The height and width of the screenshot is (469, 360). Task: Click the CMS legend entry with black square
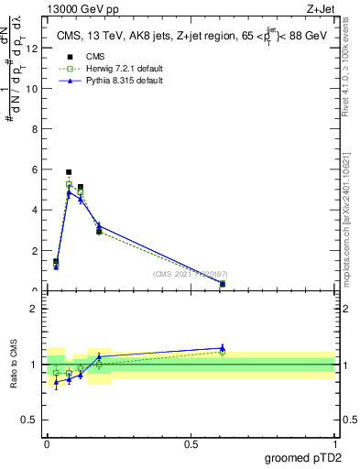click(x=82, y=57)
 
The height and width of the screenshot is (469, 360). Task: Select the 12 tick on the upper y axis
click(x=33, y=49)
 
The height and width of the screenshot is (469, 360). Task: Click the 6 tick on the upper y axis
click(x=33, y=169)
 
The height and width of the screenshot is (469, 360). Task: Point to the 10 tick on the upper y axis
click(x=31, y=89)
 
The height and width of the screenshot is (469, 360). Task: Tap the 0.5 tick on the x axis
click(x=191, y=443)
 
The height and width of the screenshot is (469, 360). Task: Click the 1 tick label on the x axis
click(x=334, y=443)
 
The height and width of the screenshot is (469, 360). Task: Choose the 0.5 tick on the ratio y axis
click(x=30, y=420)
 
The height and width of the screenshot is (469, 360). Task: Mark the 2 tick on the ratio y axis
click(x=33, y=309)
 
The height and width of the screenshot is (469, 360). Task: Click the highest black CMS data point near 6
click(x=69, y=172)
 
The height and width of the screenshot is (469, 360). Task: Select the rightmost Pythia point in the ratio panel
click(x=223, y=348)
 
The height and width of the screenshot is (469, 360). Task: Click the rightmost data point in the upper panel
click(x=223, y=284)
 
